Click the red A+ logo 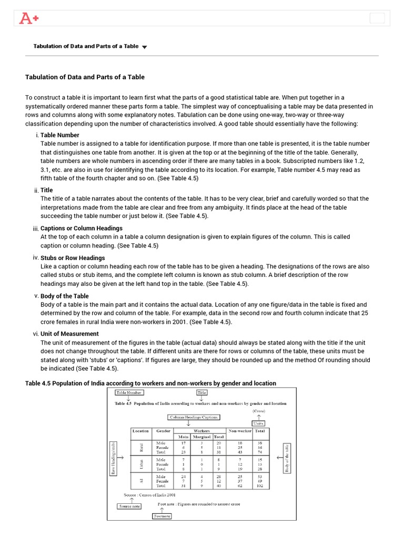coord(28,19)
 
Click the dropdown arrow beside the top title coord(145,47)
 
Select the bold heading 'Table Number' coord(60,135)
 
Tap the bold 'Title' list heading coord(47,190)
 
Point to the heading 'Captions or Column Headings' coord(82,229)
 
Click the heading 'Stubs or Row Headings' coord(73,258)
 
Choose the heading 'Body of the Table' coord(65,296)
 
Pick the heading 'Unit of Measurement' coord(70,334)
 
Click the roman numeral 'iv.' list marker coord(36,257)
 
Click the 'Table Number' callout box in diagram coord(129,392)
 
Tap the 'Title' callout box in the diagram coord(202,392)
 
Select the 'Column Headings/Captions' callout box coord(194,417)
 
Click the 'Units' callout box coord(258,423)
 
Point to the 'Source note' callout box coord(129,506)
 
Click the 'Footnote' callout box coord(162,516)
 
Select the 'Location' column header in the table coord(140,431)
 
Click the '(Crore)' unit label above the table coord(258,410)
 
